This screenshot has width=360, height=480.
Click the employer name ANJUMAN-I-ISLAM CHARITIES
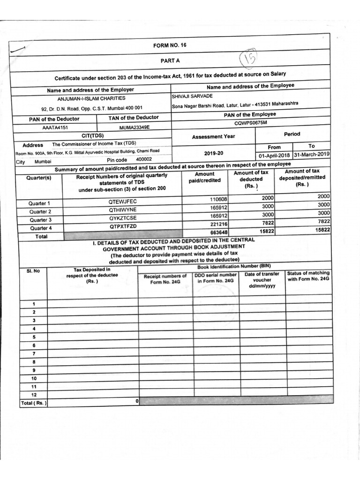pos(91,98)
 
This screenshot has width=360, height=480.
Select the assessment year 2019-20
pos(214,153)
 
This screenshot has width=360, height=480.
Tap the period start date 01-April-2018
pos(275,155)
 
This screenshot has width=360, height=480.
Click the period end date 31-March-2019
pos(312,154)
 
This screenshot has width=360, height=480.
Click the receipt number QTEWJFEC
pos(122,202)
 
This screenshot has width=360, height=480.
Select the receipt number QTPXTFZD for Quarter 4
pos(123,226)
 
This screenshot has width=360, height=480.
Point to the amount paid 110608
pos(218,200)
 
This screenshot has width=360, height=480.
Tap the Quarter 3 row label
pos(40,220)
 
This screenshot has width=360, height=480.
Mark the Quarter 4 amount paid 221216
pos(218,224)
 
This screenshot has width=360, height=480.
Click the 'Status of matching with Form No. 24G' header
pos(308,276)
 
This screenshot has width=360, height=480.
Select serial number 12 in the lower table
pos(34,395)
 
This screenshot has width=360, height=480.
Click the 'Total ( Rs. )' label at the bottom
pos(34,403)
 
